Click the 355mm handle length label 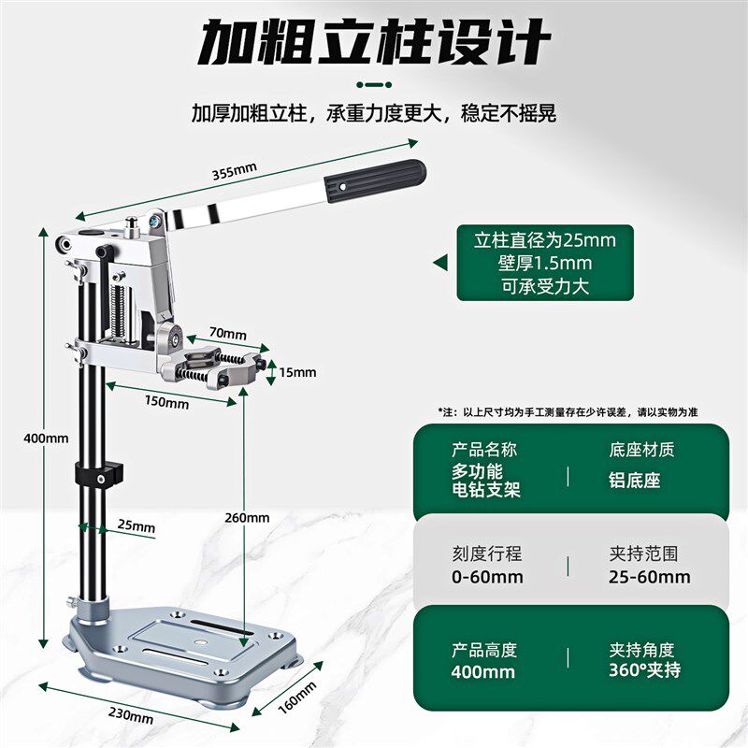pyautogui.click(x=235, y=171)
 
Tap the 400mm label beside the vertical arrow pyautogui.click(x=46, y=438)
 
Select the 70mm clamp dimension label pyautogui.click(x=228, y=333)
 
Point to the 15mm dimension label pyautogui.click(x=297, y=372)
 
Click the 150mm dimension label pyautogui.click(x=167, y=402)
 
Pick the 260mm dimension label pyautogui.click(x=247, y=518)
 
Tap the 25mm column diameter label pyautogui.click(x=137, y=525)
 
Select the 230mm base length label pyautogui.click(x=131, y=715)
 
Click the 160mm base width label pyautogui.click(x=296, y=698)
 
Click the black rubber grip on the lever pyautogui.click(x=375, y=180)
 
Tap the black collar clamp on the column pyautogui.click(x=99, y=474)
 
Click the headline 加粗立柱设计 pyautogui.click(x=374, y=42)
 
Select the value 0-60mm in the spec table pyautogui.click(x=487, y=577)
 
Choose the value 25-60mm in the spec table pyautogui.click(x=649, y=577)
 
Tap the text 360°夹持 pyautogui.click(x=644, y=669)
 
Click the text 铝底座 pyautogui.click(x=635, y=481)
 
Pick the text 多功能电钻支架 pyautogui.click(x=485, y=481)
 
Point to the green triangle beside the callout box pyautogui.click(x=440, y=263)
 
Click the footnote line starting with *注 pyautogui.click(x=568, y=412)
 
